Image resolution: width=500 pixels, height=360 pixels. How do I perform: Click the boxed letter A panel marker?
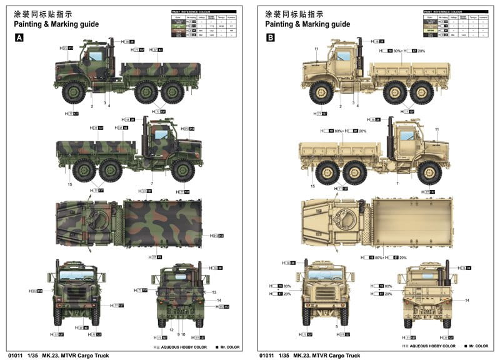[19, 38]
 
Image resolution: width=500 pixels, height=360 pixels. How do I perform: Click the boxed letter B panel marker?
[270, 38]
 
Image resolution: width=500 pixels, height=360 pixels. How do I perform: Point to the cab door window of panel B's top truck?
[343, 56]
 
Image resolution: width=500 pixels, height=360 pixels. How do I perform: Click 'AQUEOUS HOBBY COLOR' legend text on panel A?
[184, 346]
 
